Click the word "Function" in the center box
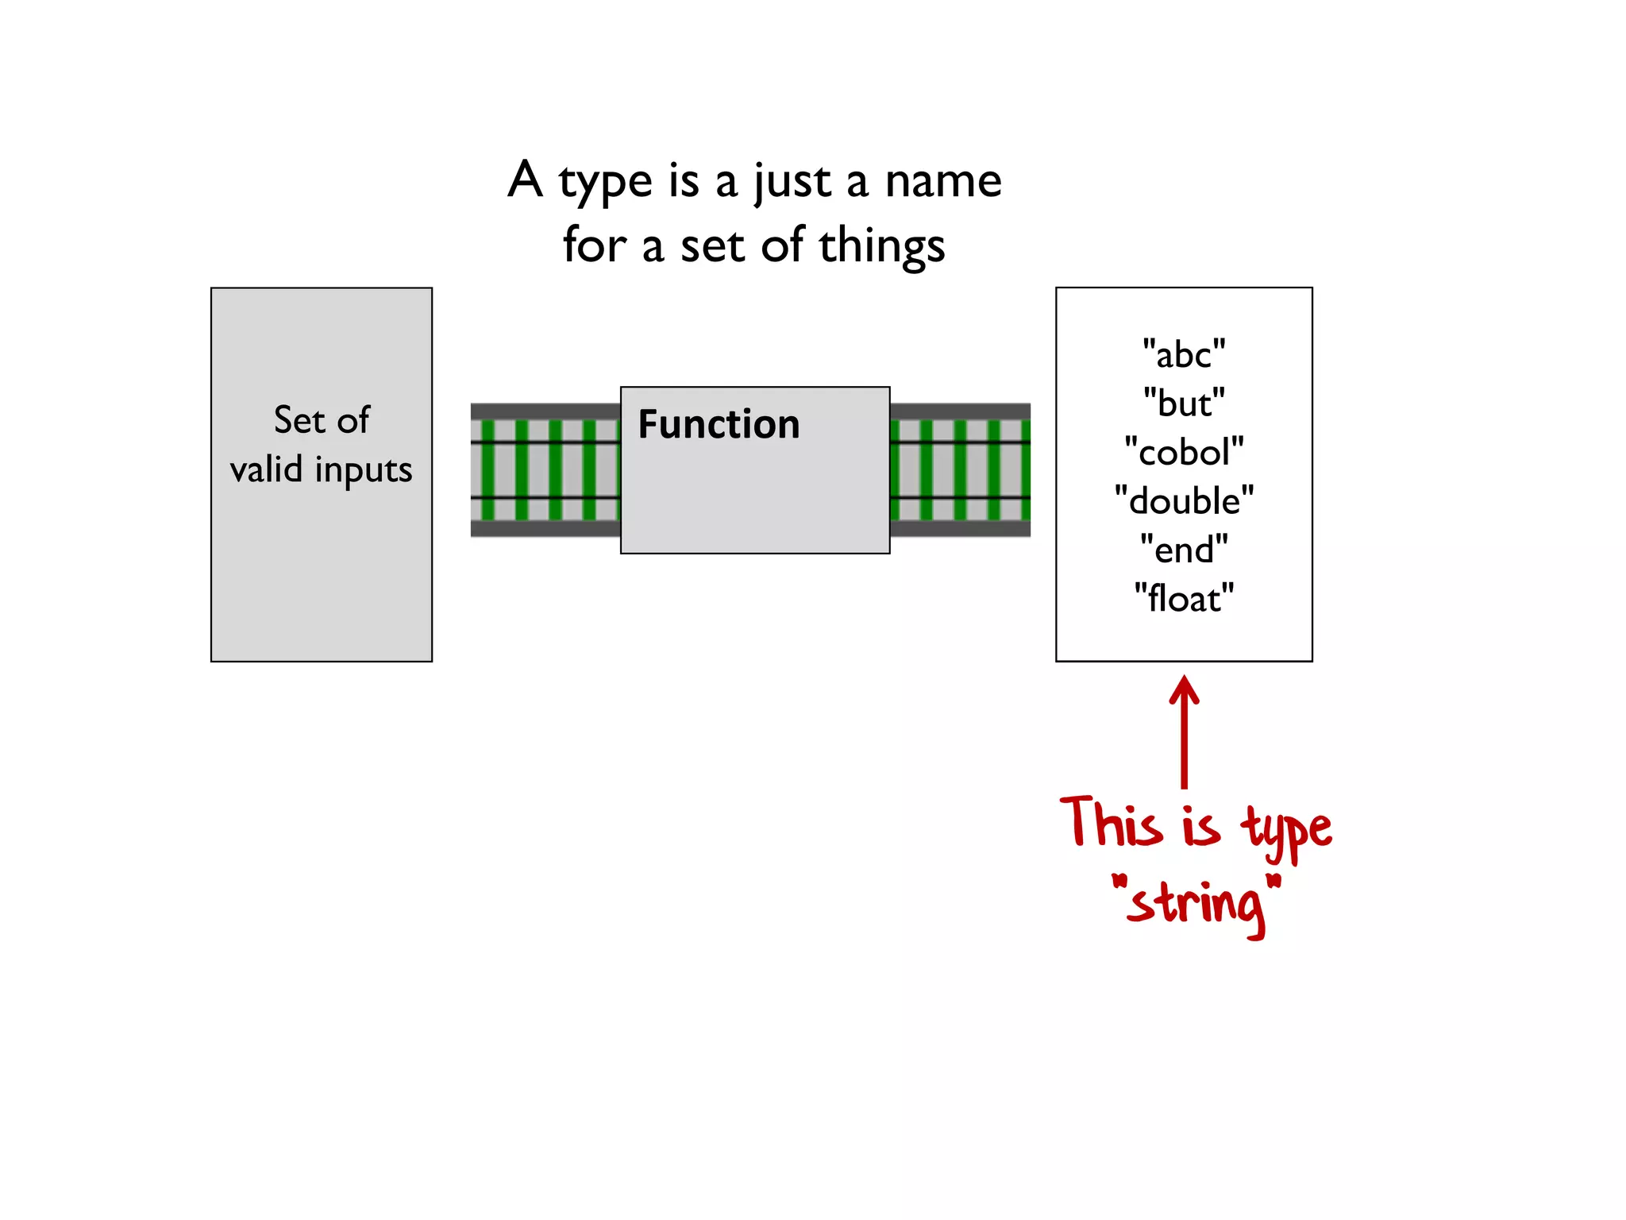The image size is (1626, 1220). [x=719, y=424]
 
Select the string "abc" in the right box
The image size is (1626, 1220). [x=1184, y=354]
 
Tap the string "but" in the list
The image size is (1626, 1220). [x=1184, y=403]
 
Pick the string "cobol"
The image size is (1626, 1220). [x=1184, y=453]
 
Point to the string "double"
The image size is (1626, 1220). [x=1184, y=501]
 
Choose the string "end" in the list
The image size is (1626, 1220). [x=1184, y=550]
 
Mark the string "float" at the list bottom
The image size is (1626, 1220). [x=1184, y=598]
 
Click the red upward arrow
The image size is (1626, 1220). [x=1184, y=731]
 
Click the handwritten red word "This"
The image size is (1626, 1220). [x=1112, y=824]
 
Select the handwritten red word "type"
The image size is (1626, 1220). [x=1286, y=830]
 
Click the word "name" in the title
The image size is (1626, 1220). [x=943, y=182]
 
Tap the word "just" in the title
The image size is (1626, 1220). [x=791, y=182]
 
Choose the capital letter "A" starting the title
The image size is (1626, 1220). [x=526, y=180]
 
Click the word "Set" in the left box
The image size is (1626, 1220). [x=299, y=420]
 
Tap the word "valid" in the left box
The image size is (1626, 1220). [x=266, y=469]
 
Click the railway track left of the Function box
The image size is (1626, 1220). [x=545, y=470]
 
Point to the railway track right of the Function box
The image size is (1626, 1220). [x=960, y=470]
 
